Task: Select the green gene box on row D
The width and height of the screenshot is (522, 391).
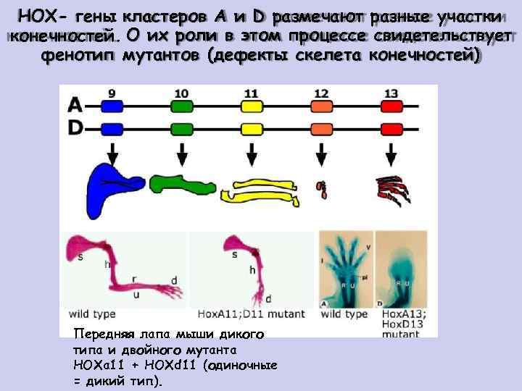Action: (182, 129)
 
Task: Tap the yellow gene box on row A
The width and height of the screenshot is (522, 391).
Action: (252, 106)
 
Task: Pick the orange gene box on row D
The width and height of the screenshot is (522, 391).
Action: (320, 129)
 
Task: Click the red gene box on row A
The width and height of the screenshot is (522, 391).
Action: (390, 106)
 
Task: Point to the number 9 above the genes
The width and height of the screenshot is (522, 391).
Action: (112, 92)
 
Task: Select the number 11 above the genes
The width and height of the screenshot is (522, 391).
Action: (251, 92)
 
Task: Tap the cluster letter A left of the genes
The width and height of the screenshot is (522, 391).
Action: (75, 106)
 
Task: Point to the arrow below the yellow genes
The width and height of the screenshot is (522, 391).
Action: (252, 153)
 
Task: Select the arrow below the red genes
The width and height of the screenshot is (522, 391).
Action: (390, 153)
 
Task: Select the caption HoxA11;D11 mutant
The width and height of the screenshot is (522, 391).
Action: (251, 314)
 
